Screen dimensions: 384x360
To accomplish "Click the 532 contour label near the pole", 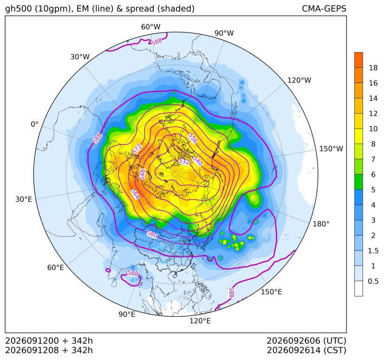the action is pyautogui.click(x=184, y=161).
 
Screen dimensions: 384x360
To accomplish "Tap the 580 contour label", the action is pyautogui.click(x=152, y=234).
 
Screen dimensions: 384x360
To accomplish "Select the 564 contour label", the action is pyautogui.click(x=135, y=194).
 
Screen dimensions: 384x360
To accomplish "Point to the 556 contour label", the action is pyautogui.click(x=193, y=138).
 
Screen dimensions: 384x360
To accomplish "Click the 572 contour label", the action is pyautogui.click(x=137, y=149).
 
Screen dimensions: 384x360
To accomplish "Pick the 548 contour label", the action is pyautogui.click(x=142, y=174).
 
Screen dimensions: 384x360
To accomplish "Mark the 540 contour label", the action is pyautogui.click(x=198, y=161).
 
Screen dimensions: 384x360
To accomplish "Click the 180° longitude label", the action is pyautogui.click(x=321, y=224).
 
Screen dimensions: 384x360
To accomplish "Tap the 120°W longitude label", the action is pyautogui.click(x=299, y=80).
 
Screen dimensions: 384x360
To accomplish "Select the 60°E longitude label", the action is pyautogui.click(x=56, y=268).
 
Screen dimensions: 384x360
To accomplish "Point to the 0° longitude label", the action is pyautogui.click(x=34, y=124).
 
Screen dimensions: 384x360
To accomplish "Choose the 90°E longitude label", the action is pyautogui.click(x=127, y=314).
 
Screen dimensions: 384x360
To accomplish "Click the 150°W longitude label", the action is pyautogui.click(x=332, y=148).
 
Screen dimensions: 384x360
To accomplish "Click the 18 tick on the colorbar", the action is pyautogui.click(x=373, y=68).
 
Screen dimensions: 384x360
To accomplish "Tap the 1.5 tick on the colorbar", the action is pyautogui.click(x=373, y=251).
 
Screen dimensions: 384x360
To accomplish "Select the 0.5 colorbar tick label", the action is pyautogui.click(x=373, y=281).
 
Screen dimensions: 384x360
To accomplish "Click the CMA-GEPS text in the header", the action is pyautogui.click(x=324, y=8).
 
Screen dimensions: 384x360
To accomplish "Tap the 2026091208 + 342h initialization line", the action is pyautogui.click(x=49, y=350).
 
